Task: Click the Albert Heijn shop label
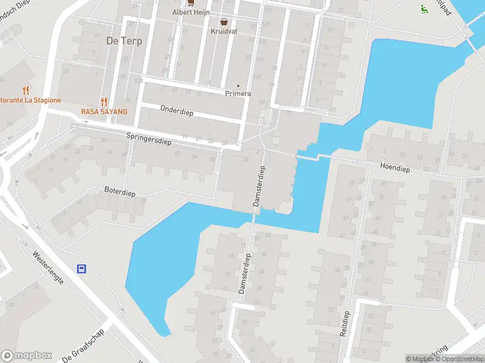click(x=190, y=11)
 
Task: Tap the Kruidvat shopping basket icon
click(x=224, y=21)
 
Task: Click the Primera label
click(x=238, y=93)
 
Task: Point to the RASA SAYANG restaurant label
click(x=104, y=112)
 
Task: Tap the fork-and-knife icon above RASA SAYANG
click(x=104, y=102)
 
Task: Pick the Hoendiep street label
click(x=395, y=169)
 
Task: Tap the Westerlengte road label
click(x=48, y=269)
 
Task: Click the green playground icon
click(x=424, y=8)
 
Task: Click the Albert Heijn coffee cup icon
click(x=190, y=2)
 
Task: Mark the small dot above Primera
click(x=238, y=85)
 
